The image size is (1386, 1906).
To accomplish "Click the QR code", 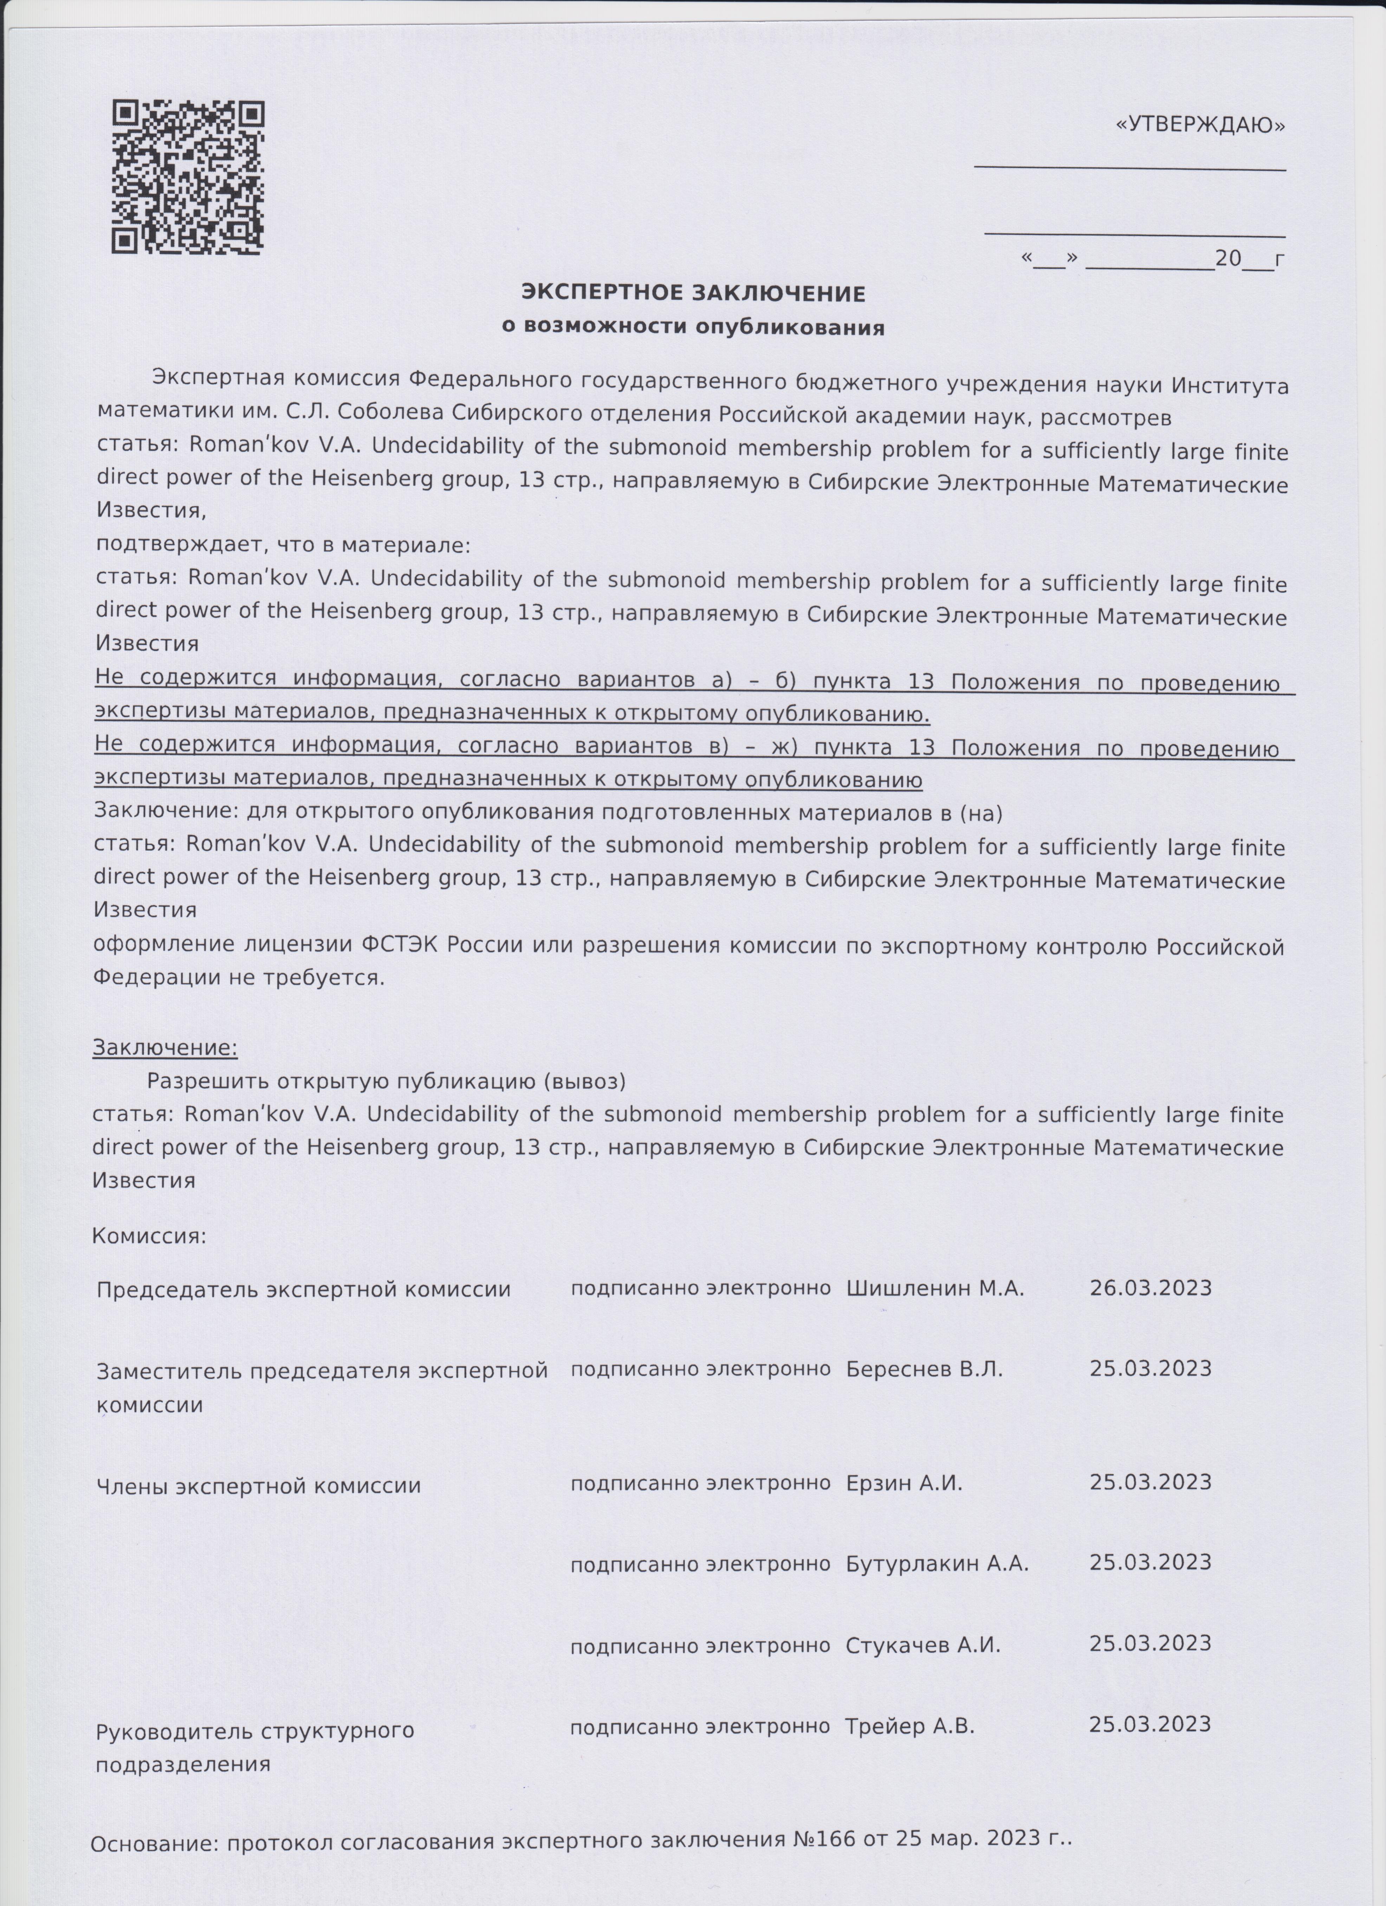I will point(188,177).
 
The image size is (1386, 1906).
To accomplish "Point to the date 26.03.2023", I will point(1150,1288).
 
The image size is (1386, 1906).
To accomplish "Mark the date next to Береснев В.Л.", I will point(1150,1368).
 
